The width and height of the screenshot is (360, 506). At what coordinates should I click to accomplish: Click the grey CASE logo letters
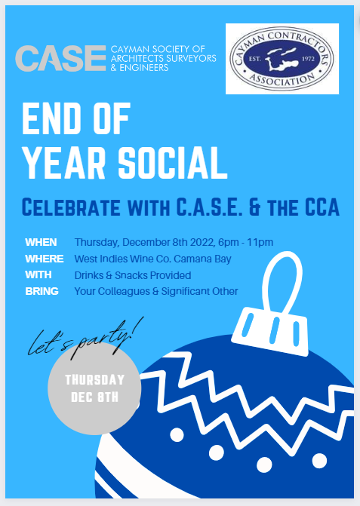[60, 57]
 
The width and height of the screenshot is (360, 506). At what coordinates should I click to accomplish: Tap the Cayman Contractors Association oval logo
[282, 58]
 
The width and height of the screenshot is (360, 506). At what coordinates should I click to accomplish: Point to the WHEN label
[41, 243]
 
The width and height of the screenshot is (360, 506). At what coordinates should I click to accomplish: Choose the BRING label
[42, 291]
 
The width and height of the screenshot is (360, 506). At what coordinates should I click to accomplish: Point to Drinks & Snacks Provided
[133, 275]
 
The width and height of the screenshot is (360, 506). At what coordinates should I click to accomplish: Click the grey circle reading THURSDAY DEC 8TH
[94, 387]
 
